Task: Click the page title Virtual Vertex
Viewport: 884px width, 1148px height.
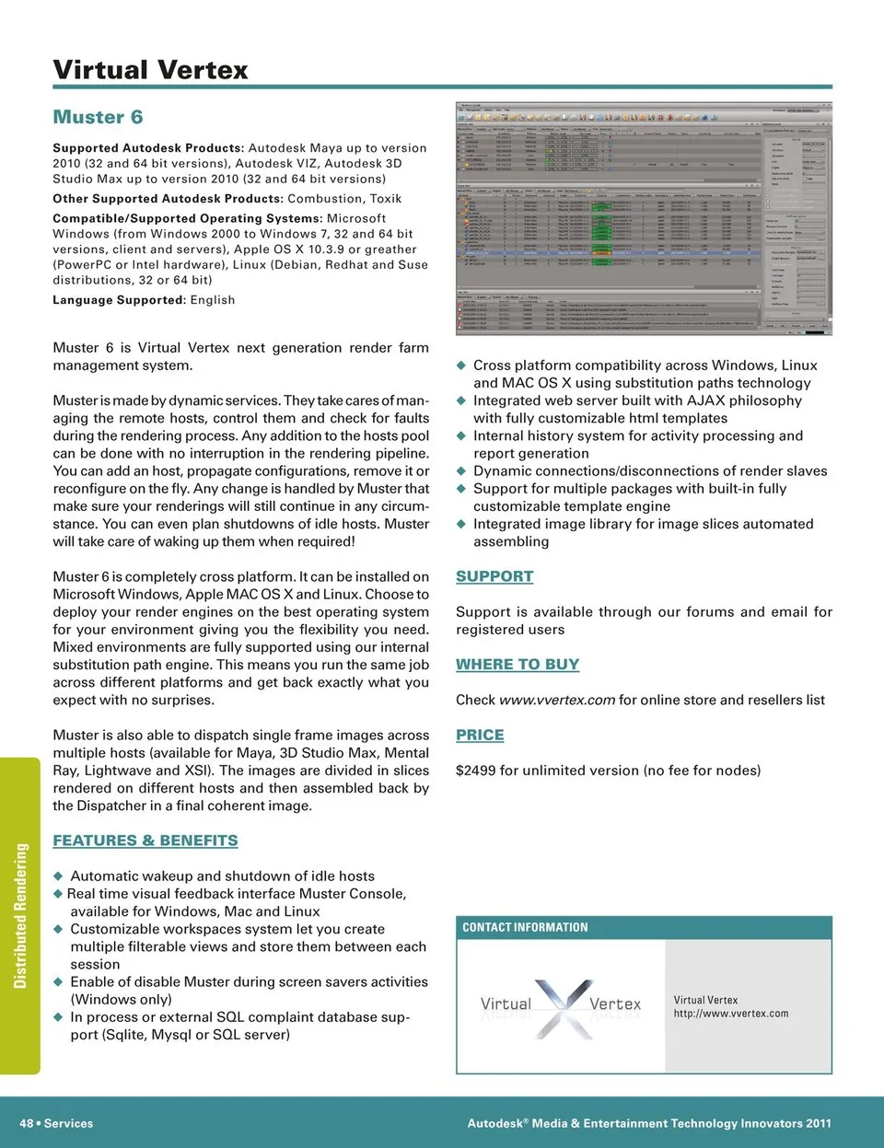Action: click(150, 70)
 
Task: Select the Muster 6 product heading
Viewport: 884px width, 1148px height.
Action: click(98, 117)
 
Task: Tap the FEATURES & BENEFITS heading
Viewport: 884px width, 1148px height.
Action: click(145, 841)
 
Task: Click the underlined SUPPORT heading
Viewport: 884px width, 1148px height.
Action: click(494, 576)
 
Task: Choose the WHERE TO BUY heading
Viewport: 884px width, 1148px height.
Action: click(518, 665)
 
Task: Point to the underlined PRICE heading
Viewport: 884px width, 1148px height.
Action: click(480, 735)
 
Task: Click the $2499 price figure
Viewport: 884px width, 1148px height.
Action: click(475, 771)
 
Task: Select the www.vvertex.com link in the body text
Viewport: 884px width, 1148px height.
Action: click(557, 700)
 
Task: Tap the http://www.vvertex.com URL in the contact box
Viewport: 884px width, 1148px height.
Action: click(731, 1014)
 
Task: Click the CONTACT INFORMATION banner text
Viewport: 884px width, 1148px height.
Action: click(525, 927)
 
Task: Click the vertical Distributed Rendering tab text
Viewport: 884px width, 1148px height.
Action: click(20, 915)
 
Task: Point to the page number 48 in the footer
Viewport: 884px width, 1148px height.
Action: click(27, 1123)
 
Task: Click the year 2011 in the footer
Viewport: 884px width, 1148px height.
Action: click(818, 1123)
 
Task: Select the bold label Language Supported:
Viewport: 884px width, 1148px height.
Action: click(119, 300)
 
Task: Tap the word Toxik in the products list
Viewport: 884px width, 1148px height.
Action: click(386, 199)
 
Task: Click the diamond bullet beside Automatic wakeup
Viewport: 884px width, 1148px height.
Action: click(58, 876)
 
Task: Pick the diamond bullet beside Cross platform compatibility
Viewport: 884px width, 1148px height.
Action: click(462, 365)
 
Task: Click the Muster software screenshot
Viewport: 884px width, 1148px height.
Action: click(644, 218)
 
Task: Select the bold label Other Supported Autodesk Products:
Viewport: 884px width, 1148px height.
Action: click(168, 199)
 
